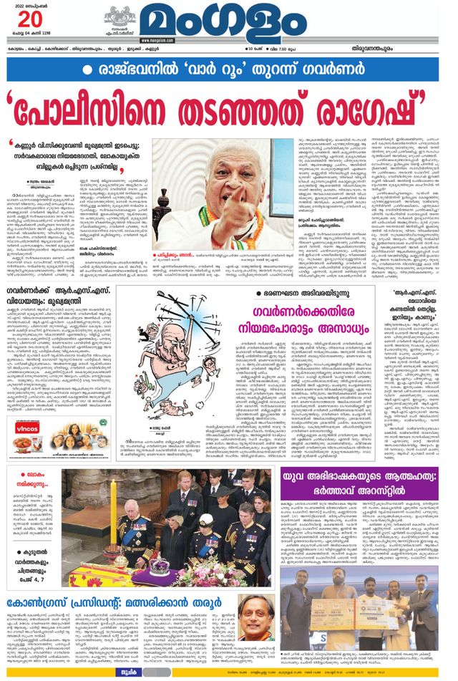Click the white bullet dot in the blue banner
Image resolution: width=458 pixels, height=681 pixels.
tap(88, 70)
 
